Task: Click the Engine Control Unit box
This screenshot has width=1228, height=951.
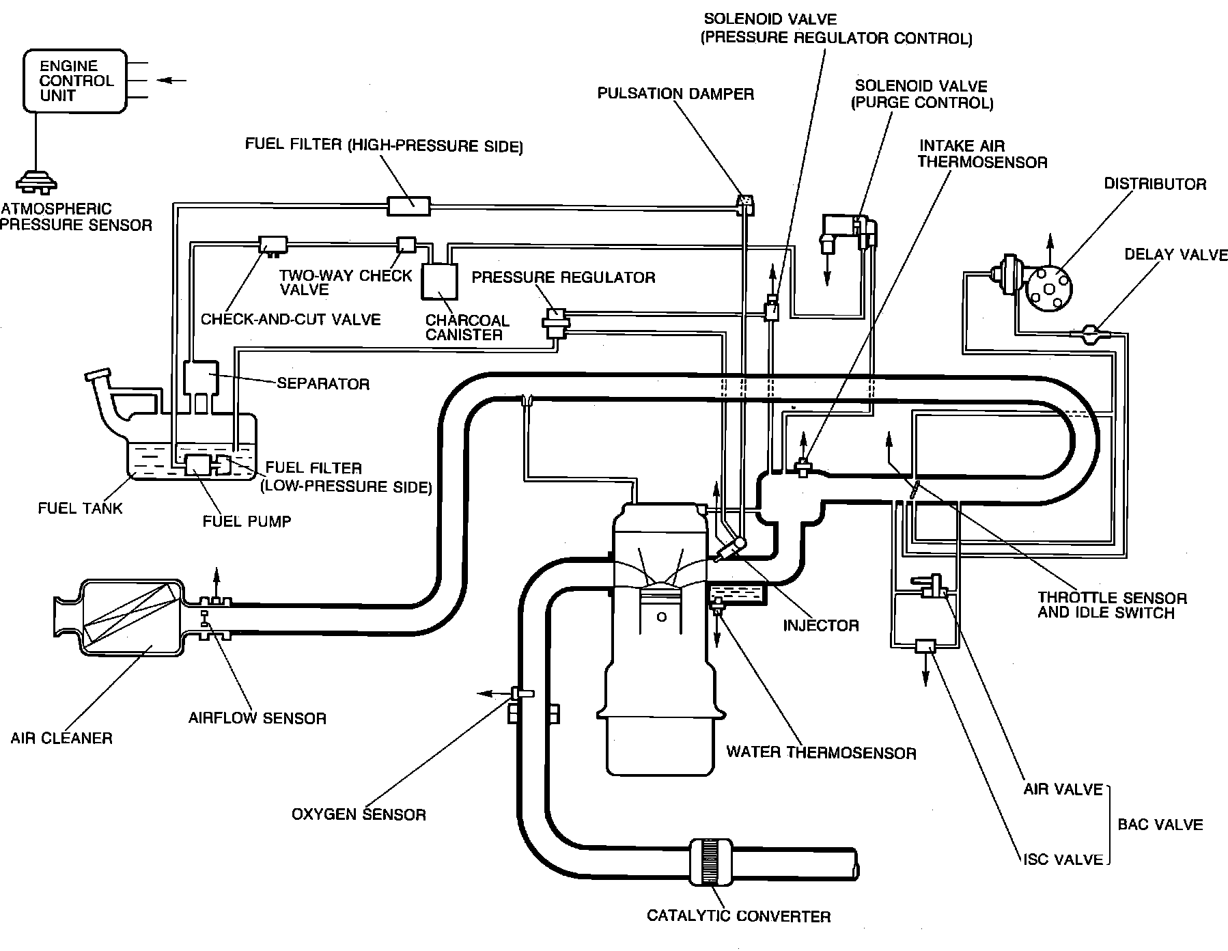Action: tap(75, 81)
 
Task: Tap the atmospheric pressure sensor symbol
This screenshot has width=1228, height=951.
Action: tap(37, 181)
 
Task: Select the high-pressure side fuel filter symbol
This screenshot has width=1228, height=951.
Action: tap(409, 205)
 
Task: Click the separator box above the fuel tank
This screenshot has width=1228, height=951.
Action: tap(201, 378)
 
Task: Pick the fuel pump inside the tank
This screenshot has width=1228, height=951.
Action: tap(199, 464)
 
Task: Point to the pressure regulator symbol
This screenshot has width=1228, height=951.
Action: tap(555, 322)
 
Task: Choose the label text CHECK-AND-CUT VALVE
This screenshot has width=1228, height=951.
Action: tap(290, 320)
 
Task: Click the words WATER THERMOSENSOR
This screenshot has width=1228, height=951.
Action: tap(821, 753)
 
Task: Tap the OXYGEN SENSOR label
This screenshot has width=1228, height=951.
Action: tap(359, 814)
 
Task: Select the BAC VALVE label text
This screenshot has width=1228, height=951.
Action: tap(1160, 825)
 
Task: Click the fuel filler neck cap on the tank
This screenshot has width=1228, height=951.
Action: tap(97, 376)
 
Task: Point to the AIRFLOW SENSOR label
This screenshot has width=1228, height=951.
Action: tap(257, 718)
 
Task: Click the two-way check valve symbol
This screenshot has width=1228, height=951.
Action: tap(406, 245)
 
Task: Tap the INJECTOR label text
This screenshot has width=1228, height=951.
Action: tap(820, 625)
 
